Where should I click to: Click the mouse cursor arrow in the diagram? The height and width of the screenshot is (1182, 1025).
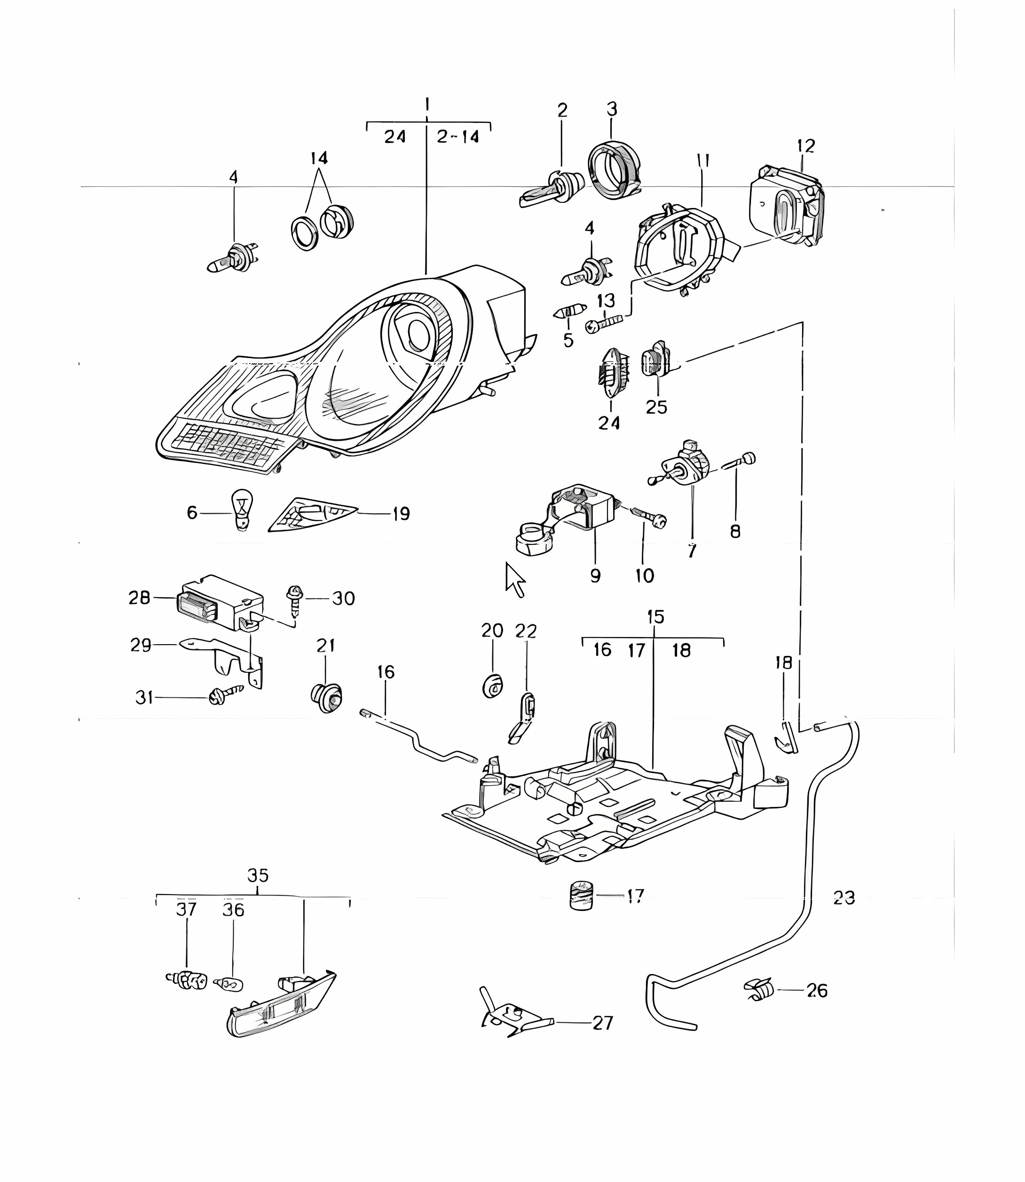tap(514, 579)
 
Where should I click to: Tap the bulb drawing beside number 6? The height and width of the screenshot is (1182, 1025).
tap(241, 511)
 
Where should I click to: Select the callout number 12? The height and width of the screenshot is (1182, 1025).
tap(805, 146)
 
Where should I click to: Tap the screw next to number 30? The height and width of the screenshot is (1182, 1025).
tap(295, 600)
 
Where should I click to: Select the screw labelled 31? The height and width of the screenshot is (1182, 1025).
tap(226, 695)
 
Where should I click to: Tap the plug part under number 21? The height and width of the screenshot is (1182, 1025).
tap(327, 697)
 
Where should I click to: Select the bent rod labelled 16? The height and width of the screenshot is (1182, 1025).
tap(418, 738)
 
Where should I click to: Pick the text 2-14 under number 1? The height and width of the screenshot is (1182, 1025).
tap(457, 137)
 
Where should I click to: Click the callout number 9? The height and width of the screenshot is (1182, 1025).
tap(595, 575)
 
